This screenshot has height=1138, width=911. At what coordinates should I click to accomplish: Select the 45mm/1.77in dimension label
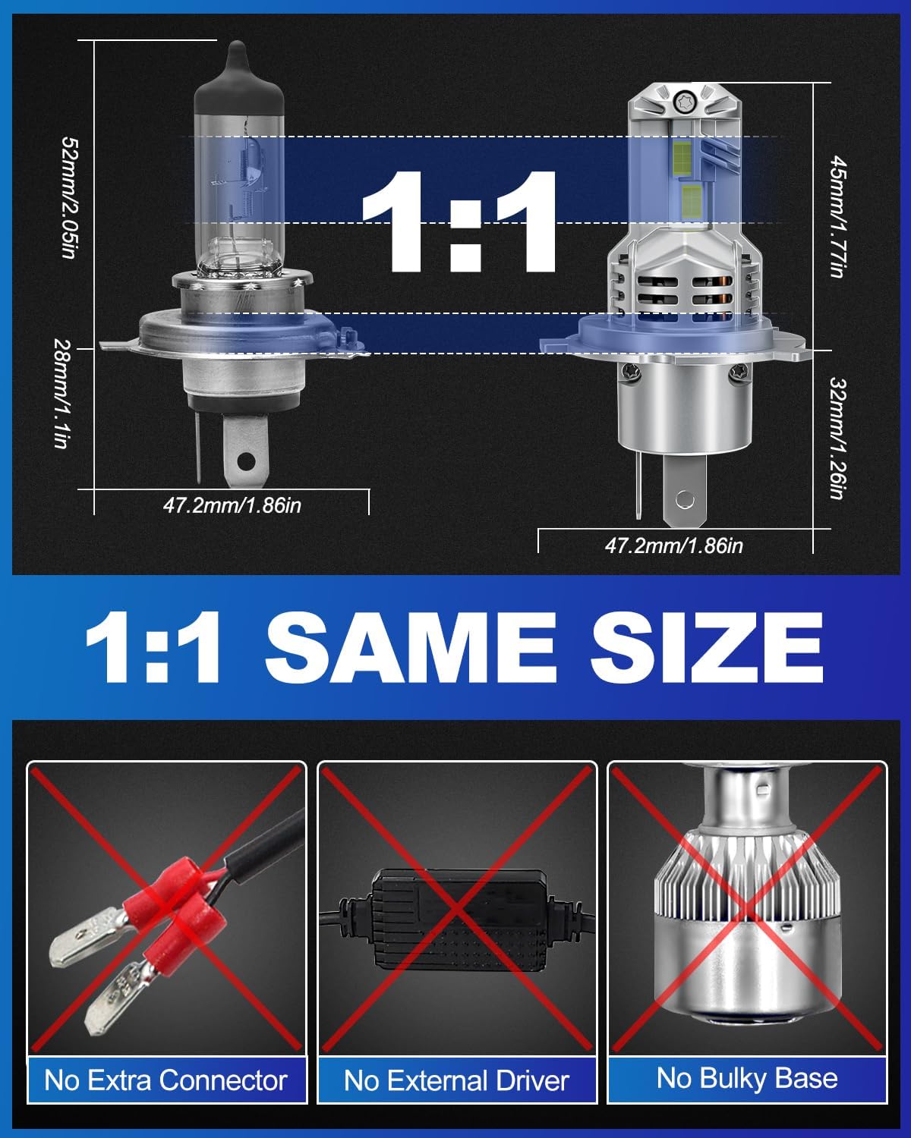[837, 216]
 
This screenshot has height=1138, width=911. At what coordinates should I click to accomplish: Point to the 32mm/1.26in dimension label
[837, 438]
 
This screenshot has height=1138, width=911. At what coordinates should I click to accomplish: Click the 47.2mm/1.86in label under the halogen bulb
[232, 505]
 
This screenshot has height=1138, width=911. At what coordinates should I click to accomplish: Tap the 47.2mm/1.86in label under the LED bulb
[674, 545]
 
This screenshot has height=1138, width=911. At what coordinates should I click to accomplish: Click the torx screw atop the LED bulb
[682, 100]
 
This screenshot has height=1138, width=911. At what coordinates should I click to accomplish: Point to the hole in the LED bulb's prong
[685, 499]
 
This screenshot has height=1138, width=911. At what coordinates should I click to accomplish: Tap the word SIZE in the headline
[707, 649]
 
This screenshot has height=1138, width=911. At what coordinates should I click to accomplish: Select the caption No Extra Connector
[165, 1080]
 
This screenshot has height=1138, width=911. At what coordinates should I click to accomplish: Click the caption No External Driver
[456, 1080]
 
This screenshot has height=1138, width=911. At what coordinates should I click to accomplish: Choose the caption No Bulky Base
[747, 1079]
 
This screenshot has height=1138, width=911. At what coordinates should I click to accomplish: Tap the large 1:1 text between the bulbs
[459, 222]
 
